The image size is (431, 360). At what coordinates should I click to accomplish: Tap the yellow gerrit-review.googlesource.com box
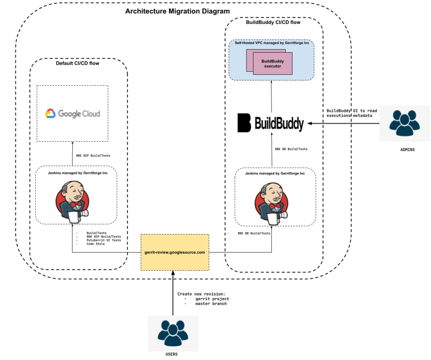click(174, 252)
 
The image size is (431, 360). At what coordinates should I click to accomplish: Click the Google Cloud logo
click(72, 113)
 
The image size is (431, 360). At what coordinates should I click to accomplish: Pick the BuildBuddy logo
click(271, 123)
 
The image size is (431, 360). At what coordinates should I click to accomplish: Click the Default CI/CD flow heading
click(78, 64)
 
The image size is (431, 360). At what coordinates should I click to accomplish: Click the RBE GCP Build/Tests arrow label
click(94, 156)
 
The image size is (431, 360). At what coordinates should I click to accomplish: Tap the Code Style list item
click(96, 244)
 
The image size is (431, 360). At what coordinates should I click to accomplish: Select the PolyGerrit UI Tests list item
click(104, 240)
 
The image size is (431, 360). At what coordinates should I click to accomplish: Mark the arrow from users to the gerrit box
click(173, 295)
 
